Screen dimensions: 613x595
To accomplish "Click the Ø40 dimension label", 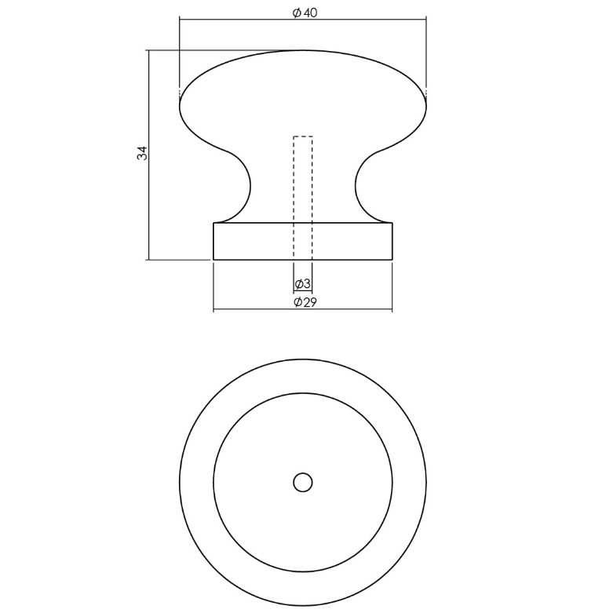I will pos(304,13).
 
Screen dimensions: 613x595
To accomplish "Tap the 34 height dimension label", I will pos(142,153).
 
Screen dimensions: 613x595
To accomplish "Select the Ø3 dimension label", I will pos(303,284).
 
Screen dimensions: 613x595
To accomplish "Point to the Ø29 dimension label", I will pos(304,302).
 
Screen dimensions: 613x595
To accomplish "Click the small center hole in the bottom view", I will pos(303,482).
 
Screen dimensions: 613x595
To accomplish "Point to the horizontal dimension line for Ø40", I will pos(235,18).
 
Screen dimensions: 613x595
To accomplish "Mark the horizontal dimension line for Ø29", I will pos(251,310).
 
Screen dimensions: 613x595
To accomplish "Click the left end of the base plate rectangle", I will pos(214,241).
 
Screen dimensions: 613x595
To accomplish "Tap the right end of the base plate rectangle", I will pos(392,241).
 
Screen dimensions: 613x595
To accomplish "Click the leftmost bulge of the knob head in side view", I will pos(181,106).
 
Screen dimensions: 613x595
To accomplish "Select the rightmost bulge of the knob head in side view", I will pos(425,106).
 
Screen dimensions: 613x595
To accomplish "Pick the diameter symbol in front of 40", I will pos(296,13).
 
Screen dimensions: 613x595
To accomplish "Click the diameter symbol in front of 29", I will pos(297,302).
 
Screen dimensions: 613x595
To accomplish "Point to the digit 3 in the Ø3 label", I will pos(307,284).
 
